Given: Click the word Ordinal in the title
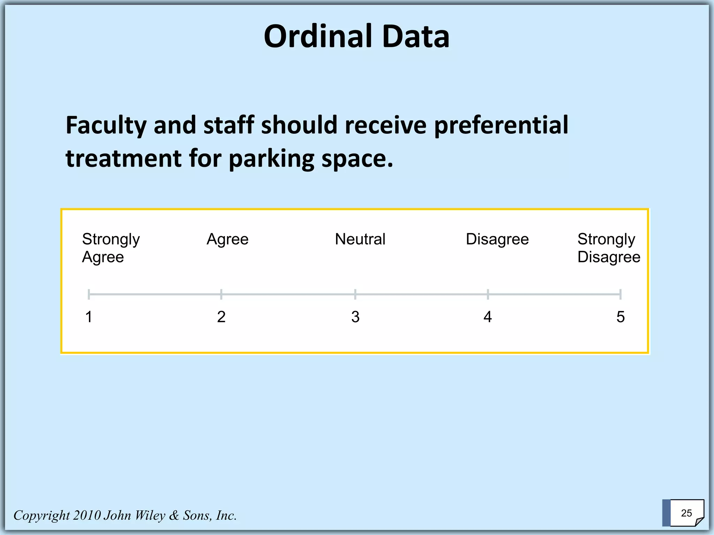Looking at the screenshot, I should [319, 37].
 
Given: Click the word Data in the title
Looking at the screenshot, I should [416, 37].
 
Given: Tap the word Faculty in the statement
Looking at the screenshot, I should [106, 125].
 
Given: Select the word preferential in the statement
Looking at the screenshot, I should [501, 125].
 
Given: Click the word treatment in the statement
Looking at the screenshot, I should [124, 158].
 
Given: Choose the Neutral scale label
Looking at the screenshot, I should [360, 239].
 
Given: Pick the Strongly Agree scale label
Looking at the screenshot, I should [111, 248].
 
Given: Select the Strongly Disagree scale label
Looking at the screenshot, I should [609, 248].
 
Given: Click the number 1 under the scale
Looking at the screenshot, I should [89, 317].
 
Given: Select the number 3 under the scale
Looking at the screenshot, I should [355, 317].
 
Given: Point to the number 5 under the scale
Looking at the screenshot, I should [621, 317].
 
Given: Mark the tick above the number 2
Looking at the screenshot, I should [221, 294].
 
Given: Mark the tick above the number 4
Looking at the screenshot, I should [488, 294].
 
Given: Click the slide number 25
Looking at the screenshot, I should [686, 513].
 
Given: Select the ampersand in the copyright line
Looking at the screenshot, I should [174, 515].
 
